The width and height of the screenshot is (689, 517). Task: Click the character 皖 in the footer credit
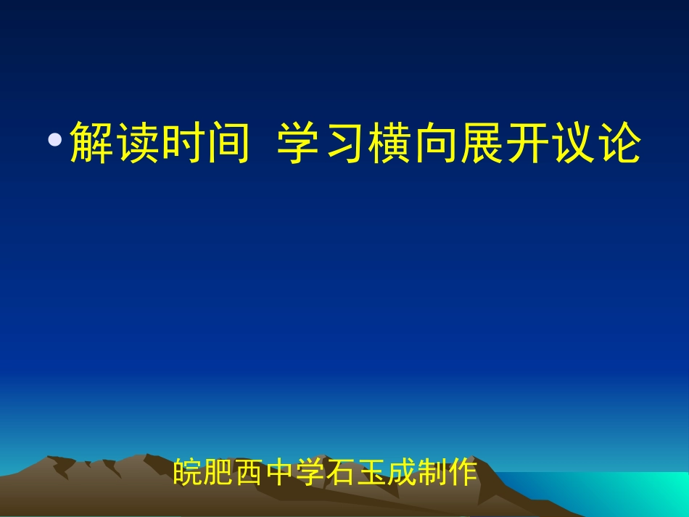coord(189,473)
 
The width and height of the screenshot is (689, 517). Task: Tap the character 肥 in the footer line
coord(219,473)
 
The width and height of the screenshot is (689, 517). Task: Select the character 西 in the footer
coord(249,473)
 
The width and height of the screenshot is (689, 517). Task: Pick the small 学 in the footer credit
coord(310,473)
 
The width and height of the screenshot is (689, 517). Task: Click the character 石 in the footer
coord(341,473)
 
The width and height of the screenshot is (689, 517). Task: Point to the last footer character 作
coord(463,473)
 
